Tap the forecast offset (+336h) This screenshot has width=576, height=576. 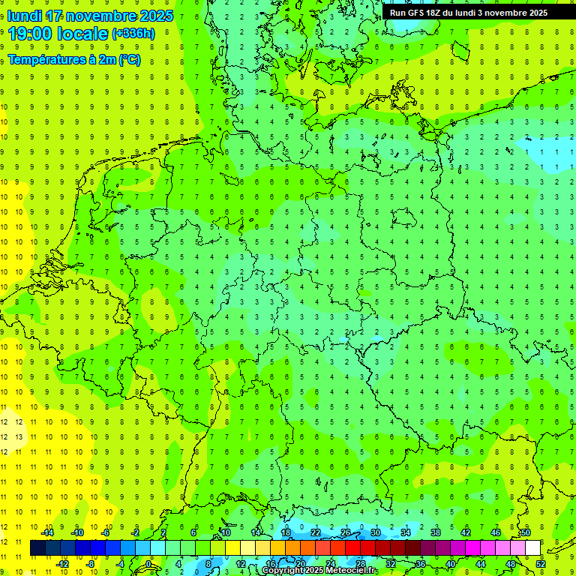point(133,34)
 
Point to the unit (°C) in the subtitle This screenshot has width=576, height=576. point(129,60)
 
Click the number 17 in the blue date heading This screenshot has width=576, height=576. point(53,16)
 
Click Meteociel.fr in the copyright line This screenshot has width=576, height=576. point(352,571)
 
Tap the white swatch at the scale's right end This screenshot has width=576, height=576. point(532,548)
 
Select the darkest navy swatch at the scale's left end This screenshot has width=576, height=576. point(37,548)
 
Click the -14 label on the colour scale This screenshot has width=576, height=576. point(47,532)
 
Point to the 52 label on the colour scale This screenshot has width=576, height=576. point(541,564)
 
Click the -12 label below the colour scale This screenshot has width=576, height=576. point(62,564)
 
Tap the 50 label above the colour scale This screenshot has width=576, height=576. point(525,532)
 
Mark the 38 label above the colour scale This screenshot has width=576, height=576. point(435,532)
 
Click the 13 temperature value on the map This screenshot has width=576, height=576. point(19,436)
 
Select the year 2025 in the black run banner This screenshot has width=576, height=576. point(533,13)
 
